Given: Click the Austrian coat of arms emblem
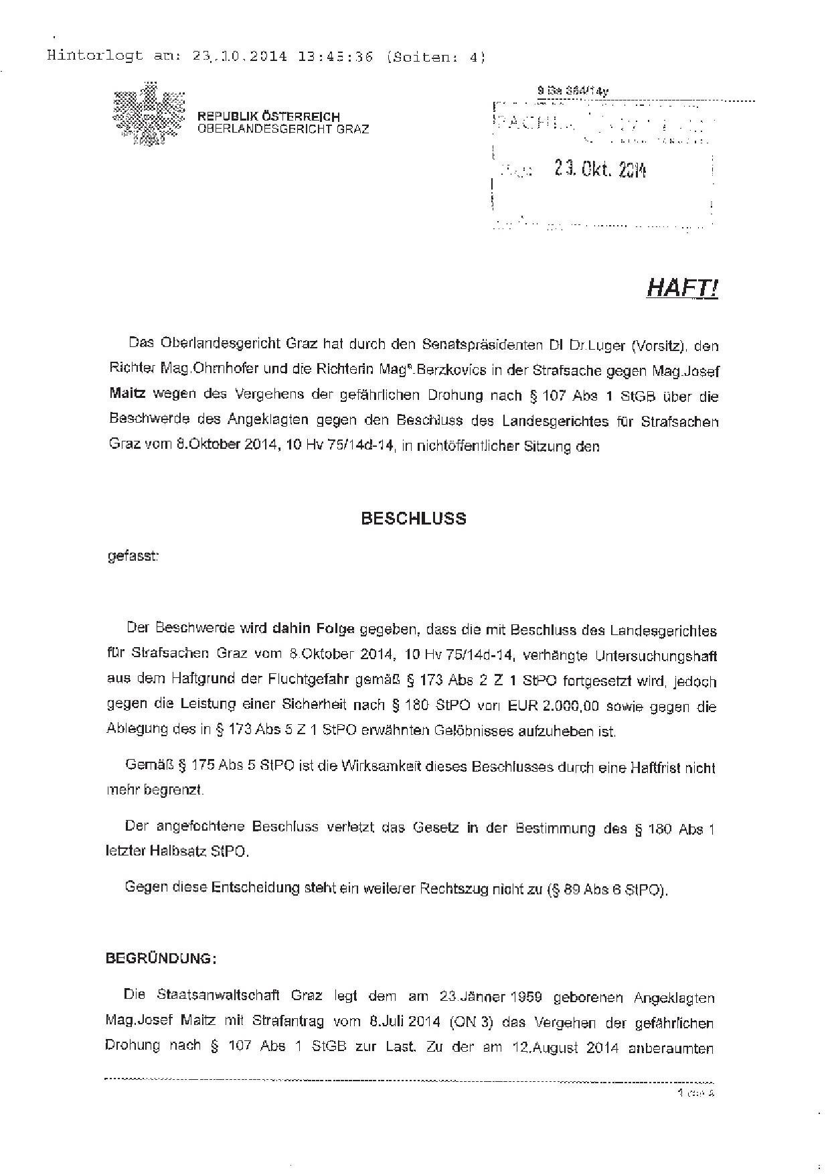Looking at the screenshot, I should (149, 113).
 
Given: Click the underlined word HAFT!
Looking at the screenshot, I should (682, 288).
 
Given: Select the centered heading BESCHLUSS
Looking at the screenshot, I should (414, 519).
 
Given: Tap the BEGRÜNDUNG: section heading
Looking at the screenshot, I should (161, 959).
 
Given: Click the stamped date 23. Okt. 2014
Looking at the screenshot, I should (600, 170).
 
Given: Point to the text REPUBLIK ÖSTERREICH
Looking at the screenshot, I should (268, 117).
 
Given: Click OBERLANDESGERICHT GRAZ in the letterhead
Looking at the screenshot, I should (282, 129).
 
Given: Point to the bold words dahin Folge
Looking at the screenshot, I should (313, 630).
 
